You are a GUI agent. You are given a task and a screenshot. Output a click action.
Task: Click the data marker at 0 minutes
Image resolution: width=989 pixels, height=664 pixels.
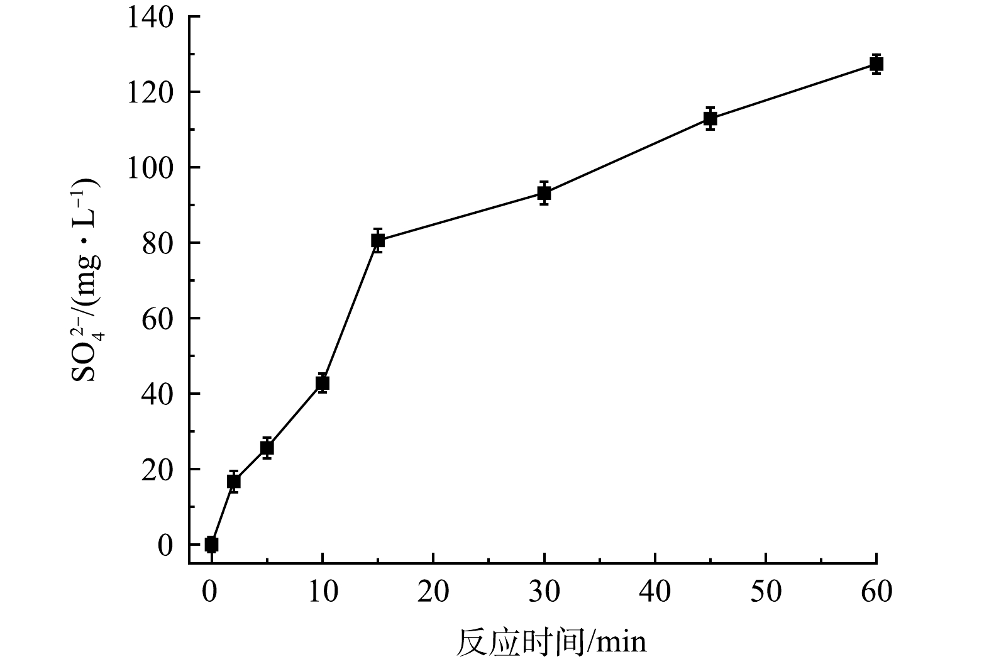[x=211, y=544]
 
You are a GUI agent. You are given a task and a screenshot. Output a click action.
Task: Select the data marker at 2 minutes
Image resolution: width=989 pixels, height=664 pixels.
[x=233, y=482]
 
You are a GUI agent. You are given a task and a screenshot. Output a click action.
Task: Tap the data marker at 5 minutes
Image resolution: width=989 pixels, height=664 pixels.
[x=267, y=448]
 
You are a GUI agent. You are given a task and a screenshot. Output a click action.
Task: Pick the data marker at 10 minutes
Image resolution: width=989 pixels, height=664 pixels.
[x=322, y=383]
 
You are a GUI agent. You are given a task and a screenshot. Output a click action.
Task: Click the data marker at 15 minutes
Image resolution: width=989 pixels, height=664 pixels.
[x=377, y=240]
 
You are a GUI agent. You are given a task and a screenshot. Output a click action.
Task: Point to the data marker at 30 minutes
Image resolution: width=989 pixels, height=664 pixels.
[x=544, y=193]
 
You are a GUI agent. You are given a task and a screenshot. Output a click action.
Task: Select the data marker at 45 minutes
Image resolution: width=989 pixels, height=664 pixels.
[x=710, y=118]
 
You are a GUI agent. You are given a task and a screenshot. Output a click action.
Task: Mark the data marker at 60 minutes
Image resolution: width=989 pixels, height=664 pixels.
[x=876, y=64]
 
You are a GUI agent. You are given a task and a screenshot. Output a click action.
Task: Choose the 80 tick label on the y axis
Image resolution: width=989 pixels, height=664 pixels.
[x=157, y=243]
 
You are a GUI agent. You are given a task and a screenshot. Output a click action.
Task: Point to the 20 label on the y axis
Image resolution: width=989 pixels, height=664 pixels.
[x=157, y=470]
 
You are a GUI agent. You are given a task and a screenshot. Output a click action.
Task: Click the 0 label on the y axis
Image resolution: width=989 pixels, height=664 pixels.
[x=165, y=545]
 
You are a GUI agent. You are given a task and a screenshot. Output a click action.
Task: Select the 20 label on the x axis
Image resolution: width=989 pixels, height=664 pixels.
[x=433, y=592]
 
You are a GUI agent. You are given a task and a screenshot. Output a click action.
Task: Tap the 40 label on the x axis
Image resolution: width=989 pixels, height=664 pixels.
[x=655, y=592]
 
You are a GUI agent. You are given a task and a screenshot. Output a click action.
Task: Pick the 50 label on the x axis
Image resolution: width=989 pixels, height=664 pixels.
[x=766, y=592]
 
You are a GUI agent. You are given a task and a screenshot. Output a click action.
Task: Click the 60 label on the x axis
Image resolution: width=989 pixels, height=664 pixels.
[x=876, y=592]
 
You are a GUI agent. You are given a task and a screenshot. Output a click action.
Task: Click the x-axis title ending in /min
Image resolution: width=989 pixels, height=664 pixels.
[x=551, y=642]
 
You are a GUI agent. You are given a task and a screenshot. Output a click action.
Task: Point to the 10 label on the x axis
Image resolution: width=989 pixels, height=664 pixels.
[x=322, y=592]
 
